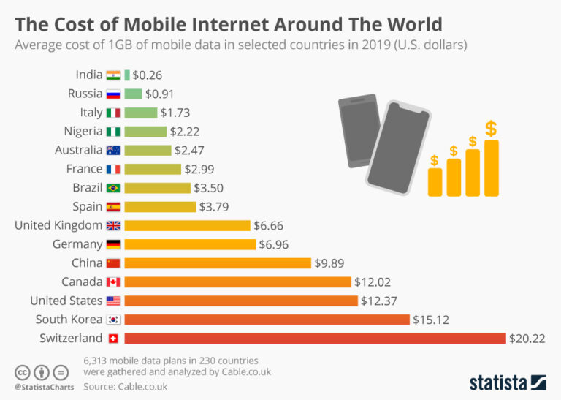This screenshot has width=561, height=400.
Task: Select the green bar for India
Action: [127, 75]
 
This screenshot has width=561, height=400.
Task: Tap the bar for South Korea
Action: [267, 319]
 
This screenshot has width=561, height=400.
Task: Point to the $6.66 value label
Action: [270, 225]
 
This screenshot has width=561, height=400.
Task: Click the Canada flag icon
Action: [113, 282]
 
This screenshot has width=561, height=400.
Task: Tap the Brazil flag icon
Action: [113, 187]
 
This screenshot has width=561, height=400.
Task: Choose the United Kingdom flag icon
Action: [113, 225]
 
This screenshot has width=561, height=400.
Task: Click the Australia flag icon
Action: [113, 150]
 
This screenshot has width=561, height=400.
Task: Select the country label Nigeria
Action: [83, 131]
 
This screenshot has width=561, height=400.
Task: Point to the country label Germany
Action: [77, 244]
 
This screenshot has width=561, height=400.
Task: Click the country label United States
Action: [66, 301]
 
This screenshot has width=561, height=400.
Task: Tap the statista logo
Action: [507, 382]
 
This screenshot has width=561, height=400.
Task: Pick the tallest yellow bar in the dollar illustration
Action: [492, 167]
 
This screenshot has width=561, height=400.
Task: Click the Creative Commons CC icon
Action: [23, 371]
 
